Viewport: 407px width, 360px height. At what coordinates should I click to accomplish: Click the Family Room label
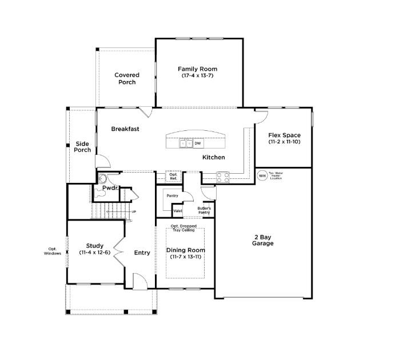(x=197, y=72)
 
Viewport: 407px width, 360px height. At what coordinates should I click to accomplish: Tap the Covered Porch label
(x=127, y=78)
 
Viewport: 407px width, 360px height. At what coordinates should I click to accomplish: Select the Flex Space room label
(x=284, y=138)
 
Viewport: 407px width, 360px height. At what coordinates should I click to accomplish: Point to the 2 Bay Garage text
(x=264, y=240)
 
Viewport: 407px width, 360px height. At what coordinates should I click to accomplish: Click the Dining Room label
(x=185, y=253)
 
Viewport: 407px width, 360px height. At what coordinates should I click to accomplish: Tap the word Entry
(x=142, y=253)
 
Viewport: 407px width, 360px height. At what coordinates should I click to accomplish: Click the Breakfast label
(x=125, y=129)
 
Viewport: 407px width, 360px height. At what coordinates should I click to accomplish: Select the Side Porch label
(x=82, y=147)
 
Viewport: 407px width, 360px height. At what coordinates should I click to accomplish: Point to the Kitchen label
(x=213, y=157)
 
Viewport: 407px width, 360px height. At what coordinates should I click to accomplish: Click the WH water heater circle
(x=262, y=176)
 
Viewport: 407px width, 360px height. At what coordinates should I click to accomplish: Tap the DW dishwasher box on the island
(x=198, y=143)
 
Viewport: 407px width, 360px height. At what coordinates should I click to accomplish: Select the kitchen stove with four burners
(x=222, y=177)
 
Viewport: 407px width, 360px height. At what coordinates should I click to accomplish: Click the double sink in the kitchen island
(x=186, y=143)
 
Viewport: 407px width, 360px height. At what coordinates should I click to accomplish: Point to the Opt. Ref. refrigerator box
(x=173, y=177)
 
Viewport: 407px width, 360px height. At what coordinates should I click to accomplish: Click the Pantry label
(x=172, y=195)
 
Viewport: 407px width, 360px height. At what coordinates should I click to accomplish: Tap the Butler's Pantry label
(x=205, y=210)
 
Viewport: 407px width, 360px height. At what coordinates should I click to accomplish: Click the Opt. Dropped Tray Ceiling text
(x=183, y=229)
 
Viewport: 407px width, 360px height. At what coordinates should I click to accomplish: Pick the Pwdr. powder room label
(x=110, y=188)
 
